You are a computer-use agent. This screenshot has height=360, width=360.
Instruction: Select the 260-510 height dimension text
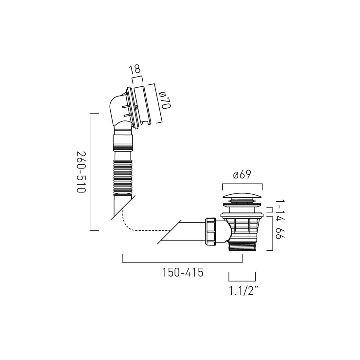click(81, 172)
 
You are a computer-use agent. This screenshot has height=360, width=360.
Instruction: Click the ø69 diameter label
click(242, 175)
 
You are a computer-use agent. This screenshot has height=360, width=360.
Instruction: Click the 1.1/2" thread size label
click(242, 290)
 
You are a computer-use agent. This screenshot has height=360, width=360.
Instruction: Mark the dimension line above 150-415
click(182, 262)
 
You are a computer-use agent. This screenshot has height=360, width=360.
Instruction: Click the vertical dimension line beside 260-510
click(90, 172)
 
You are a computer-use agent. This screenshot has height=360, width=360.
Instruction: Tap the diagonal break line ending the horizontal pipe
click(169, 231)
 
